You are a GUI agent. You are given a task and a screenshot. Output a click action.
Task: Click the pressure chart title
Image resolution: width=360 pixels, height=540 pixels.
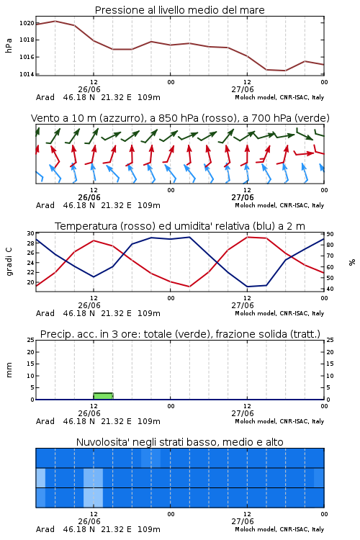(179, 10)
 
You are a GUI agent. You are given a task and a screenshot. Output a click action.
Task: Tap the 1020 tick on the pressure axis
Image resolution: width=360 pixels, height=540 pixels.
(27, 23)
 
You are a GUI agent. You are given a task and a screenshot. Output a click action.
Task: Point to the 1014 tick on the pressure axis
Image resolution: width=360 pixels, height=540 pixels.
(27, 74)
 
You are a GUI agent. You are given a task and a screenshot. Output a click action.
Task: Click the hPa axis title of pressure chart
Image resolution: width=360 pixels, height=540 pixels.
(9, 45)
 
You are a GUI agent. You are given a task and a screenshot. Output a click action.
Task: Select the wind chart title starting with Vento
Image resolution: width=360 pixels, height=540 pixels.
(180, 118)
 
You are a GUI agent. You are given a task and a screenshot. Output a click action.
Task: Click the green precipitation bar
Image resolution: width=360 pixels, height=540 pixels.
(103, 396)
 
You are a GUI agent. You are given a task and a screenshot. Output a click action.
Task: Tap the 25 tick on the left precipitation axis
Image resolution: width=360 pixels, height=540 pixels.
(31, 341)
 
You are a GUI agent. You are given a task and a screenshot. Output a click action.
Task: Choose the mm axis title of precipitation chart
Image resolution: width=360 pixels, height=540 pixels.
(9, 370)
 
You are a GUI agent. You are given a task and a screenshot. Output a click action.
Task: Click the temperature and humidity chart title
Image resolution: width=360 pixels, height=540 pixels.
(180, 226)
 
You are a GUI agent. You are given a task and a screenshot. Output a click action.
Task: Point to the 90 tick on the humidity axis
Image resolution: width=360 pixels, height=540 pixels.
(330, 234)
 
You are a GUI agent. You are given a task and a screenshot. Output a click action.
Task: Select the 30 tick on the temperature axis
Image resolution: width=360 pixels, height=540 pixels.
(31, 233)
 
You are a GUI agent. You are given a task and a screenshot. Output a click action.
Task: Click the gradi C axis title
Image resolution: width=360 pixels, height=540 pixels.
(9, 261)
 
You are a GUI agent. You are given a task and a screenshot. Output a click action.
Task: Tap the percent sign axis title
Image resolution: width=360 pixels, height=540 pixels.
(352, 262)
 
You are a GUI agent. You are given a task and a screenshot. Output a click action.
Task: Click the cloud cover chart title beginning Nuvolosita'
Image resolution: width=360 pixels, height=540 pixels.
(179, 442)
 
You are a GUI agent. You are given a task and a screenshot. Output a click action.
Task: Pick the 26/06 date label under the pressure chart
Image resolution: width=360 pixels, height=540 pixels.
(89, 89)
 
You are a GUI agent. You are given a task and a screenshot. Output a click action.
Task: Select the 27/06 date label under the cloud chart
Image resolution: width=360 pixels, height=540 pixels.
(243, 521)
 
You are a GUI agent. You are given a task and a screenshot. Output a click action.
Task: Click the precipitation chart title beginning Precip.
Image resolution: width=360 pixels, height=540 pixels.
(180, 334)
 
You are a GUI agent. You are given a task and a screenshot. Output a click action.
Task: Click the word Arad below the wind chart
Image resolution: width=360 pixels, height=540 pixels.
(45, 205)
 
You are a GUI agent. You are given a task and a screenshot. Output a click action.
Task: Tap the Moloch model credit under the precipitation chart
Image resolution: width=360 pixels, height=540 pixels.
(279, 421)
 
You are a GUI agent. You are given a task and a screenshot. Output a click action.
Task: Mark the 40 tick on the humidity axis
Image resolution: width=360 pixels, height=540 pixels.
(330, 289)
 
